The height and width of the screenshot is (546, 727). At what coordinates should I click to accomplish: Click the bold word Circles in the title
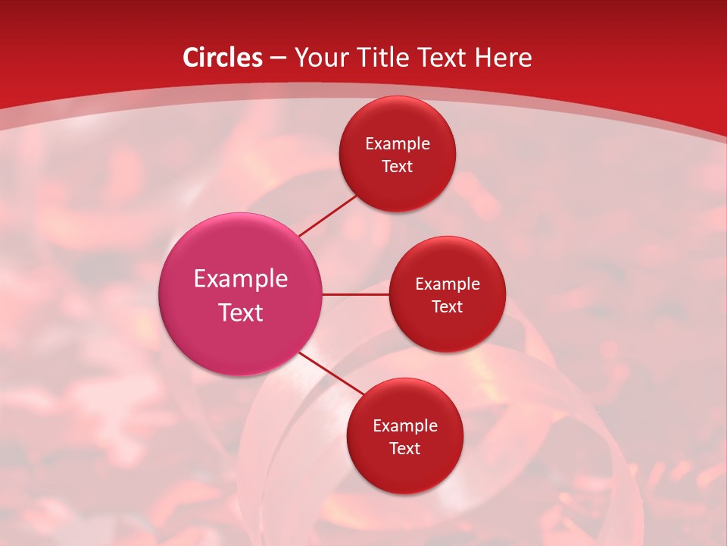(x=223, y=58)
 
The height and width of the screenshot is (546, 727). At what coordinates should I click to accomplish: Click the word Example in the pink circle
(x=241, y=279)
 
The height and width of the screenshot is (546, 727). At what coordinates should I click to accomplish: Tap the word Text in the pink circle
(x=241, y=312)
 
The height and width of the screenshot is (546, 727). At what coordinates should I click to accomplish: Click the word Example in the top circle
(x=398, y=144)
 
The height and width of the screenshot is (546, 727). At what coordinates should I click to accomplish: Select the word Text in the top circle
(x=398, y=166)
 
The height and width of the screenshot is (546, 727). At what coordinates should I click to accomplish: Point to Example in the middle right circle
(x=448, y=284)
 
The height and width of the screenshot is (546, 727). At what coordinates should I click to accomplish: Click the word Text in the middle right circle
(x=448, y=306)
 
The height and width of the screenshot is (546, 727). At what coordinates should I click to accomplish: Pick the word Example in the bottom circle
(x=405, y=426)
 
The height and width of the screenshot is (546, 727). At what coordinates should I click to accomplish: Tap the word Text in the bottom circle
(x=405, y=448)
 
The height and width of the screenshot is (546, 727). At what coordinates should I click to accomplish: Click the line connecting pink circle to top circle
(x=328, y=215)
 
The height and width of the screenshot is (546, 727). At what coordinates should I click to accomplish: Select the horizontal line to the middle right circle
(x=355, y=294)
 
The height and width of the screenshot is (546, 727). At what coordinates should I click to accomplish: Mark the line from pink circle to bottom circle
(x=331, y=373)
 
